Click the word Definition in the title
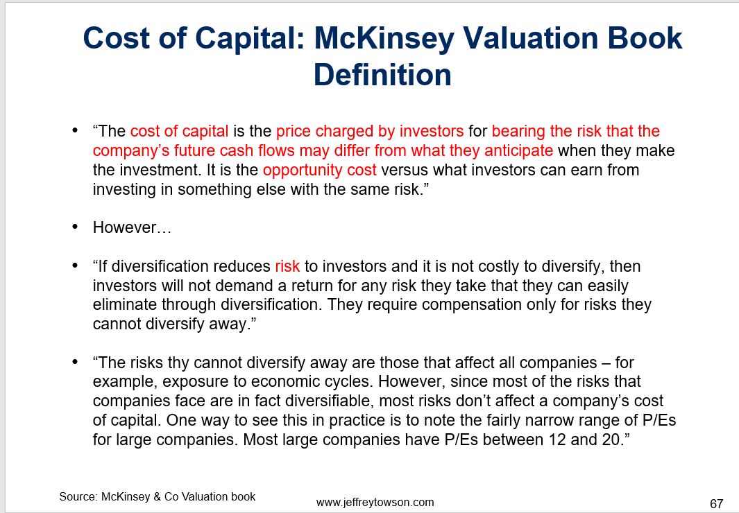click(x=382, y=75)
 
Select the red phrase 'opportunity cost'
click(x=320, y=171)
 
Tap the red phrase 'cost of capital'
click(x=179, y=131)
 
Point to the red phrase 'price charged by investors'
click(x=370, y=131)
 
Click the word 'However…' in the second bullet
click(x=132, y=228)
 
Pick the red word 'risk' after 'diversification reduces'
click(x=287, y=266)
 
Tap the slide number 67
click(x=716, y=503)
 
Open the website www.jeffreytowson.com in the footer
click(x=375, y=503)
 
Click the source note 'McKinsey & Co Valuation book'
click(x=178, y=497)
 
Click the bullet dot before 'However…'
click(x=75, y=227)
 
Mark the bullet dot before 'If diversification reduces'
click(x=75, y=266)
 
